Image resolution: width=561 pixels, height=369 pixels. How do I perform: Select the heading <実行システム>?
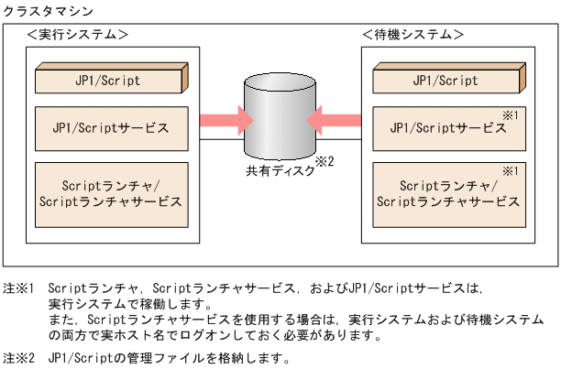click(x=78, y=35)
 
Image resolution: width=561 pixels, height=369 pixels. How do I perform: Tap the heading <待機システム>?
click(x=412, y=35)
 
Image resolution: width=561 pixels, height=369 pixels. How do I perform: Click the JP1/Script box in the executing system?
click(x=109, y=81)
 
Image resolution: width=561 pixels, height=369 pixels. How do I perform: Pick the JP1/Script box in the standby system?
click(x=446, y=81)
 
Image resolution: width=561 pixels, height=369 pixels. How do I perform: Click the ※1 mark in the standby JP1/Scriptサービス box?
click(x=513, y=114)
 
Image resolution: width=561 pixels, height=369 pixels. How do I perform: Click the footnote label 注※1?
click(x=19, y=288)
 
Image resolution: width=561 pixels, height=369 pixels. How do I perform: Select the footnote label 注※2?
click(x=19, y=358)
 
